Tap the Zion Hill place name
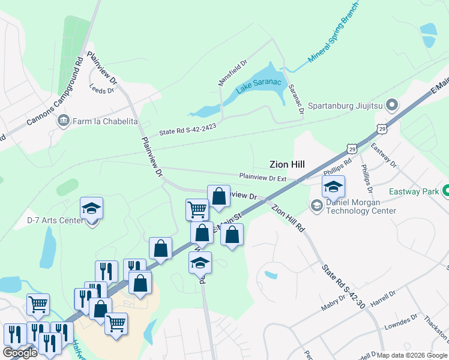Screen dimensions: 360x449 (x=287, y=164)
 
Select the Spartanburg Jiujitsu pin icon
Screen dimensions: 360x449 (x=393, y=106)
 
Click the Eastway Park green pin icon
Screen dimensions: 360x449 (x=446, y=192)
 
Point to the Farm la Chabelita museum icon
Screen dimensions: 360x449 (x=62, y=121)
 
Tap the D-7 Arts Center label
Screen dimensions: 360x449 (x=55, y=220)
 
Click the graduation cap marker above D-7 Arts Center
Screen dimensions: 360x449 (x=91, y=208)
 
